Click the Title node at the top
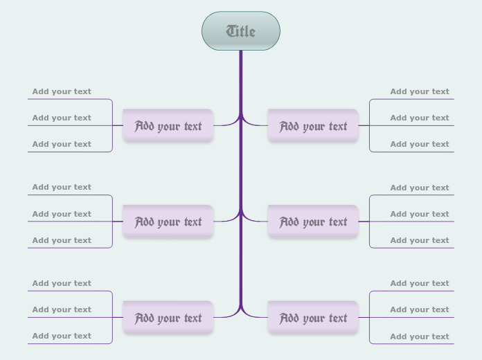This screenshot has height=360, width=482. (241, 31)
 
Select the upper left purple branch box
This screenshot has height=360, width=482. (168, 126)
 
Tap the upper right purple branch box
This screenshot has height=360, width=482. (313, 126)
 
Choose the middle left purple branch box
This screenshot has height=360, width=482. (168, 222)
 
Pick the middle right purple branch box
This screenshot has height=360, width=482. (313, 222)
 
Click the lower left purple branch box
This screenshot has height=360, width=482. (168, 318)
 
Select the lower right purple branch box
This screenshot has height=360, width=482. (313, 318)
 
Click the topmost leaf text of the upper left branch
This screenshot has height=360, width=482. (62, 91)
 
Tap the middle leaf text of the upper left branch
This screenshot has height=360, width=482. (62, 118)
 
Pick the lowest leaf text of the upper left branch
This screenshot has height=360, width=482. (62, 144)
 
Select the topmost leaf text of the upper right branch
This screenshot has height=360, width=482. (420, 91)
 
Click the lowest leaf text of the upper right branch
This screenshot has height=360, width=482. (420, 144)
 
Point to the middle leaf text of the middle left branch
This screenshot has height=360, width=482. (62, 214)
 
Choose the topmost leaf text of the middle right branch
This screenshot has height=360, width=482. (420, 188)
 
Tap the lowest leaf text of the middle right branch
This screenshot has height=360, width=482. (420, 240)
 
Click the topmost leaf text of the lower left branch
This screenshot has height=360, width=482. (62, 283)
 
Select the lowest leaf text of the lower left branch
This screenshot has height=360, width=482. (62, 336)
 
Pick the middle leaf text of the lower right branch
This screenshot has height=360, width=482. (420, 309)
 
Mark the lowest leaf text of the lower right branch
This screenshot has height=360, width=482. (420, 336)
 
